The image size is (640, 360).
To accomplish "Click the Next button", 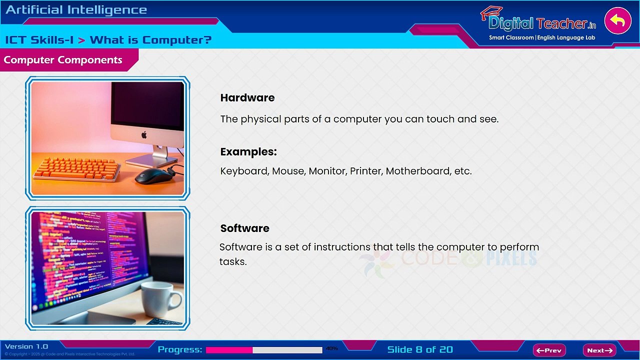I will pyautogui.click(x=599, y=350).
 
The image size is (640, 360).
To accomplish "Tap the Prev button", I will pyautogui.click(x=549, y=350).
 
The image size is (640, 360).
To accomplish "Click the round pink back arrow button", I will pyautogui.click(x=617, y=21).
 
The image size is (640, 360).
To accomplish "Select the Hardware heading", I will pyautogui.click(x=247, y=98).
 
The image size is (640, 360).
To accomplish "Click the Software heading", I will pyautogui.click(x=244, y=228).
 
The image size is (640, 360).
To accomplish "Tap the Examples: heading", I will pyautogui.click(x=248, y=152).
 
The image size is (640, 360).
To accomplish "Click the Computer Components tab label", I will pyautogui.click(x=63, y=60).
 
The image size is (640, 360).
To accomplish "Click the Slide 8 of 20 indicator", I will pyautogui.click(x=420, y=349).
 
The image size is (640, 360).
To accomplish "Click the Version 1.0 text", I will pyautogui.click(x=26, y=346).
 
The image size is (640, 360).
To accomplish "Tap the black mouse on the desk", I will pyautogui.click(x=153, y=175).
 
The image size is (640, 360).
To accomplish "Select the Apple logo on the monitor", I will pyautogui.click(x=144, y=134).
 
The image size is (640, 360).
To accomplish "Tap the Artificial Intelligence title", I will pyautogui.click(x=76, y=10).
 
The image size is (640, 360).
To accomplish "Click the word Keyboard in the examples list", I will pyautogui.click(x=244, y=171).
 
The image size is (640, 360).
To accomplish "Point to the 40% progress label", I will pyautogui.click(x=332, y=348).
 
